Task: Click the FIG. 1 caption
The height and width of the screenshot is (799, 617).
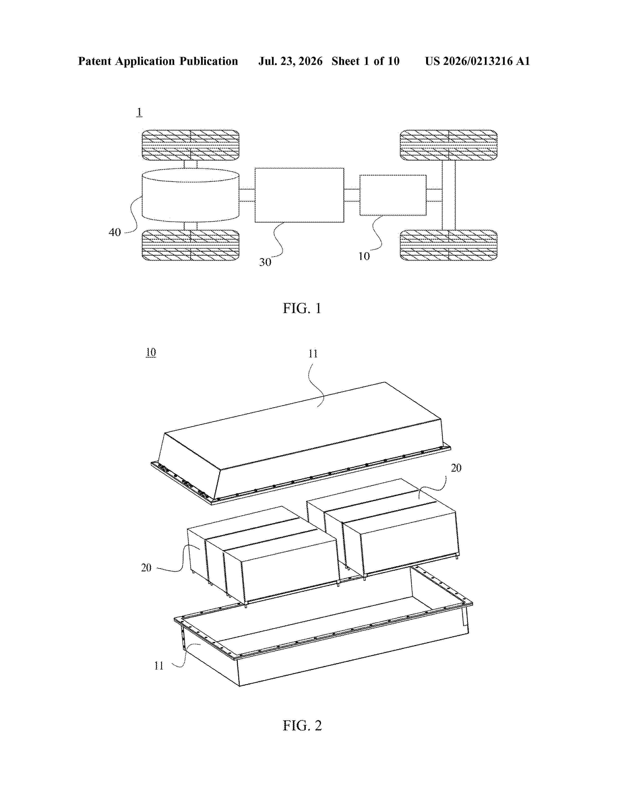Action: (x=302, y=308)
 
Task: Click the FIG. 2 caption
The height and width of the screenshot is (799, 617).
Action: (x=302, y=725)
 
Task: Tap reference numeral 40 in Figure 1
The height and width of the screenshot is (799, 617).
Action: (x=115, y=232)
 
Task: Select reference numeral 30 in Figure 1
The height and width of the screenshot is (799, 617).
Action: (x=265, y=262)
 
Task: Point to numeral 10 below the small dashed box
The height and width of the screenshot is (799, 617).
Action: (x=364, y=256)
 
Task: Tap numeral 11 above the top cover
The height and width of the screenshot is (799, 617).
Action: (x=313, y=353)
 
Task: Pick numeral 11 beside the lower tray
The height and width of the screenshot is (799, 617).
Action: (x=159, y=665)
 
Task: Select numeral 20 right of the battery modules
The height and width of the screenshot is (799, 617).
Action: (x=456, y=468)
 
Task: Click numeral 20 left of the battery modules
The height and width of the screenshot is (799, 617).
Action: (x=146, y=568)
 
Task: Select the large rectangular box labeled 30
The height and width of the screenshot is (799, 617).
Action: (x=299, y=195)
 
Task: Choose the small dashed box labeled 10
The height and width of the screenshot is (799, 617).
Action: (x=393, y=195)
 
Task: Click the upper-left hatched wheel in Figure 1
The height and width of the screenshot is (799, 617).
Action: (x=190, y=145)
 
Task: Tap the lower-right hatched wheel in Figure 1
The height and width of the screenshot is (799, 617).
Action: (x=449, y=245)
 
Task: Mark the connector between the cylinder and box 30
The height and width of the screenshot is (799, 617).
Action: (x=247, y=195)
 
